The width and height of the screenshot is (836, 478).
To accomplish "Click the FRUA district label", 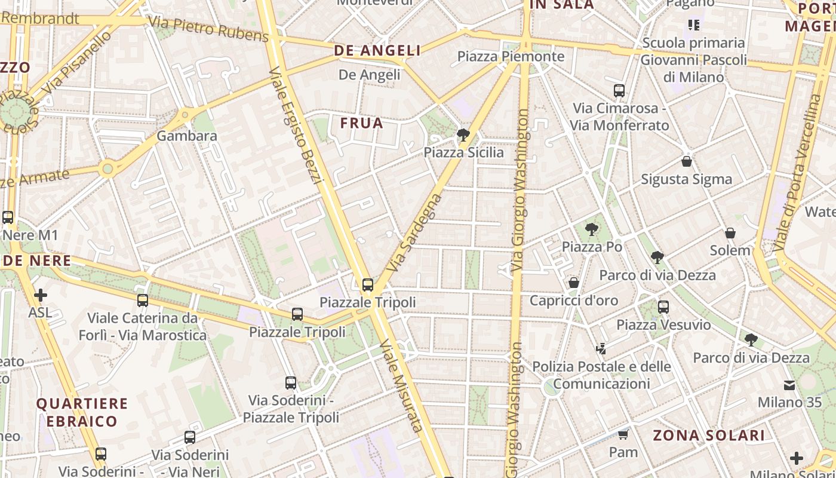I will (361, 123).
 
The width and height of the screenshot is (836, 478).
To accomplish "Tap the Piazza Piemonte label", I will (511, 56).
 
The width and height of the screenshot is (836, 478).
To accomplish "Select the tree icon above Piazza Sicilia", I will (463, 135).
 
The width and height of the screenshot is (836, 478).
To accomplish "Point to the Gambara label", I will (187, 136).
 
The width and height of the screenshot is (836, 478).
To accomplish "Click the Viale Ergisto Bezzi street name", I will (295, 125).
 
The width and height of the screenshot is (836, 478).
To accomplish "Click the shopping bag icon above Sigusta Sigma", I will (687, 161).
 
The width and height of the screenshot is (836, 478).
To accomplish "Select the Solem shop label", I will (730, 250).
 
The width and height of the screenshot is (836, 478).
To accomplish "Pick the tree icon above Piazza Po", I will (592, 229).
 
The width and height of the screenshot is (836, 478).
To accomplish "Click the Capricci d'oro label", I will (574, 301).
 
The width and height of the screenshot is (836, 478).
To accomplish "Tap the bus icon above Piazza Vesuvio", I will (663, 307).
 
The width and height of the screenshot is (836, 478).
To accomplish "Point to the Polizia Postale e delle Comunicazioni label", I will (601, 375).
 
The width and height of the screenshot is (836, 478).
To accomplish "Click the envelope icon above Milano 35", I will (789, 385).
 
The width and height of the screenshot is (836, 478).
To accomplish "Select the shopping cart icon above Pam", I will (623, 434).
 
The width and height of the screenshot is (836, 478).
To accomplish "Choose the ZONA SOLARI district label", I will (708, 435).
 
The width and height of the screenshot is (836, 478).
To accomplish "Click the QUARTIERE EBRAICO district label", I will (82, 412).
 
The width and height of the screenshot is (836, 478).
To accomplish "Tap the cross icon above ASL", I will (41, 295).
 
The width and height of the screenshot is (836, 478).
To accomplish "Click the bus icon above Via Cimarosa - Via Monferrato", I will (619, 91).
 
